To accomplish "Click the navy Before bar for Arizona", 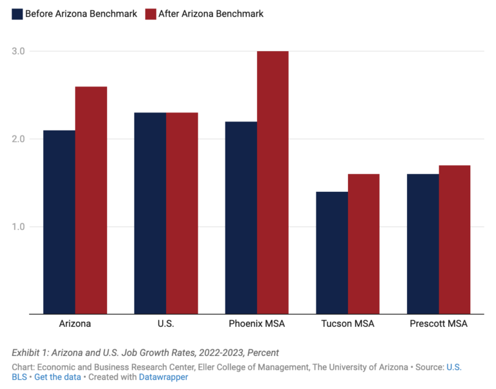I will pyautogui.click(x=59, y=222).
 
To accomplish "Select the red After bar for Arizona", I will pyautogui.click(x=91, y=200).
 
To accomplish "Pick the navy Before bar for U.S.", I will pyautogui.click(x=150, y=213).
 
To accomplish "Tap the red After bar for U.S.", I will pyautogui.click(x=182, y=213).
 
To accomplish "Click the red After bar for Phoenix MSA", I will pyautogui.click(x=273, y=183).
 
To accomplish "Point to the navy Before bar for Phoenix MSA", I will pyautogui.click(x=241, y=218).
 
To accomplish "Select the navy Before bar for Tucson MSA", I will pyautogui.click(x=332, y=253).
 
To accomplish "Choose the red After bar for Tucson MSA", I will pyautogui.click(x=364, y=244).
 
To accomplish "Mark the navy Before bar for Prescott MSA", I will pyautogui.click(x=423, y=244).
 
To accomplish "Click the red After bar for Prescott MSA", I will pyautogui.click(x=455, y=240).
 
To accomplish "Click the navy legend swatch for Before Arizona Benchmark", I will pyautogui.click(x=17, y=14).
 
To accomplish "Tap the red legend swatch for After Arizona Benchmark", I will pyautogui.click(x=150, y=14).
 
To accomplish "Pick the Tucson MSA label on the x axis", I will pyautogui.click(x=347, y=324).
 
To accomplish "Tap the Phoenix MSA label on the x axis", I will pyautogui.click(x=256, y=324).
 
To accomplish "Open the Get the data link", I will pyautogui.click(x=57, y=377).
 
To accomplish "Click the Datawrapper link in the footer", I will pyautogui.click(x=163, y=377).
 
